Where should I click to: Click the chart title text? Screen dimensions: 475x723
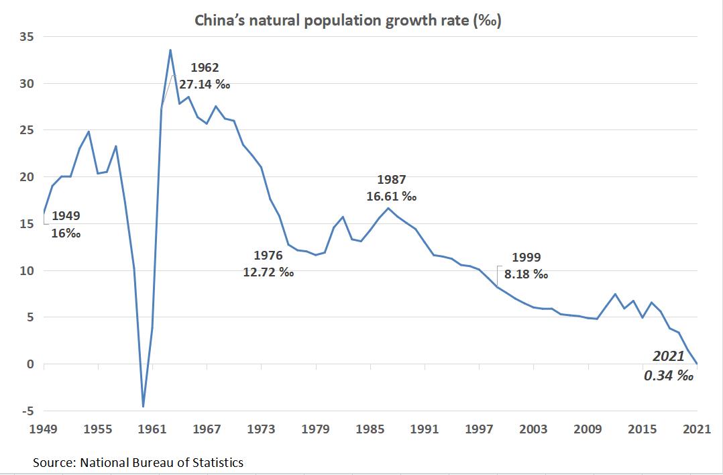348,20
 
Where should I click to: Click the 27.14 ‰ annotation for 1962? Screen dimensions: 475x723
209,85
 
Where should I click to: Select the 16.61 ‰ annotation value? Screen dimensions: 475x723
392,197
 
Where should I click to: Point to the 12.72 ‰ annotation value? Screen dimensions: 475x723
268,273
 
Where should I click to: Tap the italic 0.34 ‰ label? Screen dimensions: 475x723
668,376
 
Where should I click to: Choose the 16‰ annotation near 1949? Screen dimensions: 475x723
66,233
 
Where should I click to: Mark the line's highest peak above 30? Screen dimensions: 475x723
170,50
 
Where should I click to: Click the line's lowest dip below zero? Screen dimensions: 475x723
143,407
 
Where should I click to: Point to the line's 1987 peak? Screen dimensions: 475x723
388,208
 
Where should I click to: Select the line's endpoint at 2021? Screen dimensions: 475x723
697,363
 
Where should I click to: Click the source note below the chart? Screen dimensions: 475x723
138,462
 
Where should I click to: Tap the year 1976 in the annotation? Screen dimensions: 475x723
268,256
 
